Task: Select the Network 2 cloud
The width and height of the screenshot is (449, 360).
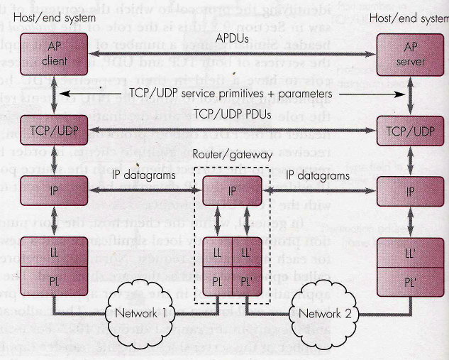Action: point(326,312)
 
